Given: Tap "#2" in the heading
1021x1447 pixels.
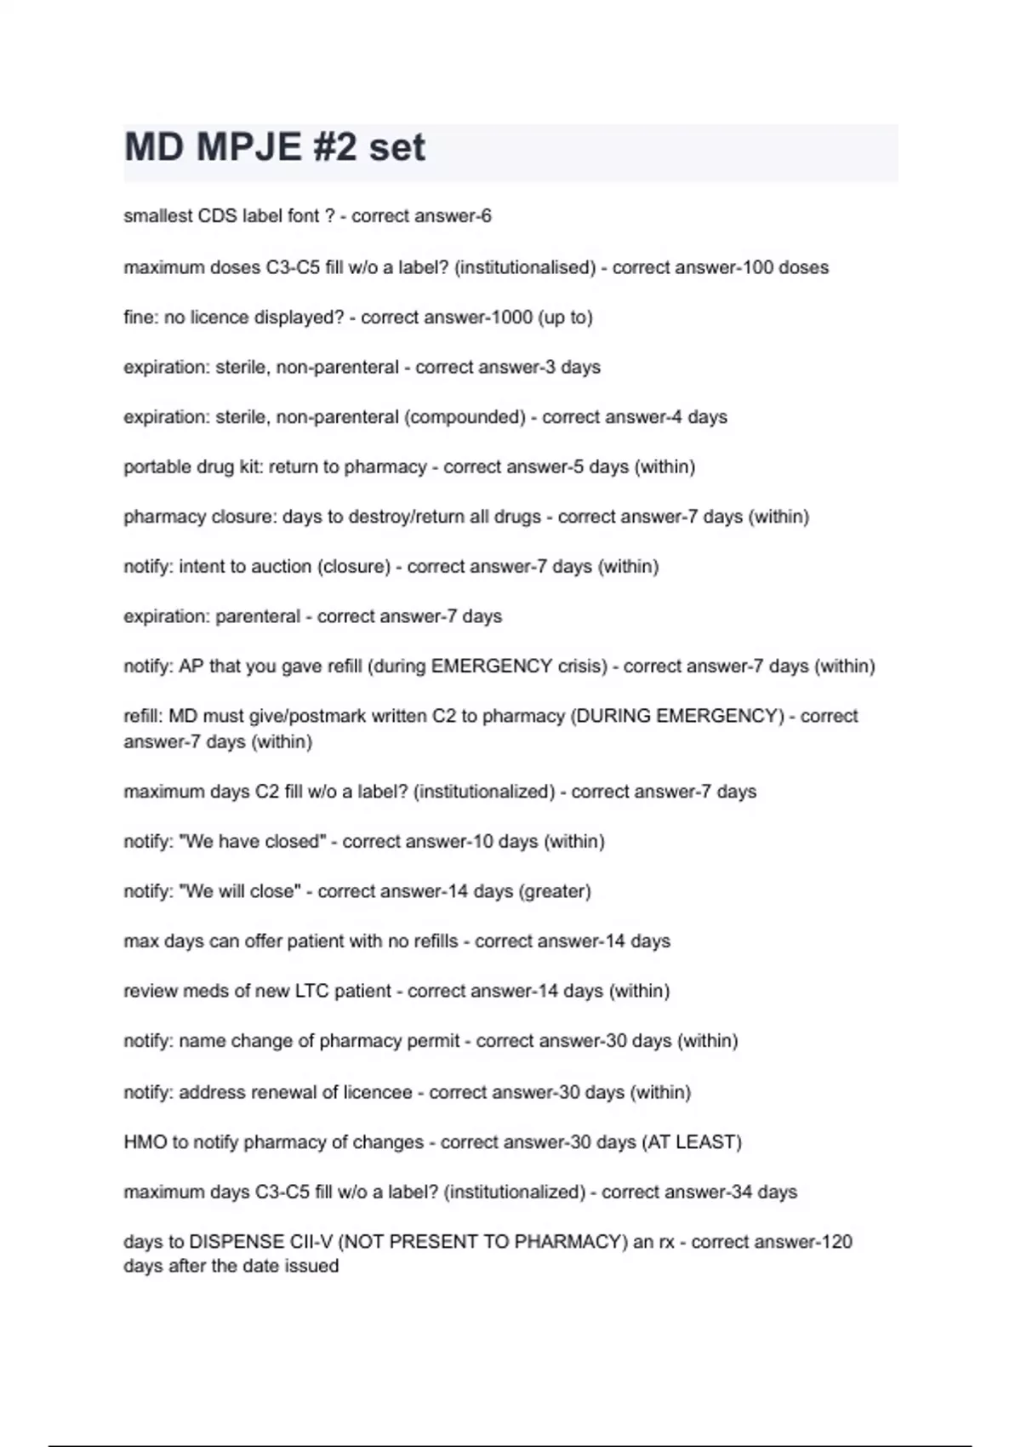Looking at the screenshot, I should click(334, 147).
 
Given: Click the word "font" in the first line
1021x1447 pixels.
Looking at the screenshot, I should click(303, 216).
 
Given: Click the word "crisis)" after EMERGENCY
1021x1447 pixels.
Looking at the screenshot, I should click(583, 666).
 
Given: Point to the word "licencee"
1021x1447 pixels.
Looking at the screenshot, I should click(378, 1092).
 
